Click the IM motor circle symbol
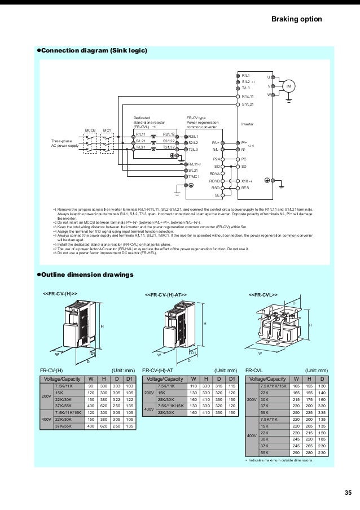click(289, 86)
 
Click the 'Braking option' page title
click(297, 20)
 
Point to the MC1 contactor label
click(107, 130)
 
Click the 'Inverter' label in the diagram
click(247, 123)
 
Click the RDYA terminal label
click(214, 174)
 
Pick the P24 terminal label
click(215, 159)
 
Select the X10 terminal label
click(245, 181)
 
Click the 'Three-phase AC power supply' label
click(65, 143)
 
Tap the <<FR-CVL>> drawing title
click(263, 295)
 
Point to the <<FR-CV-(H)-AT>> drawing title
click(166, 295)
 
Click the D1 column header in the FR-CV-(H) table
click(129, 379)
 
